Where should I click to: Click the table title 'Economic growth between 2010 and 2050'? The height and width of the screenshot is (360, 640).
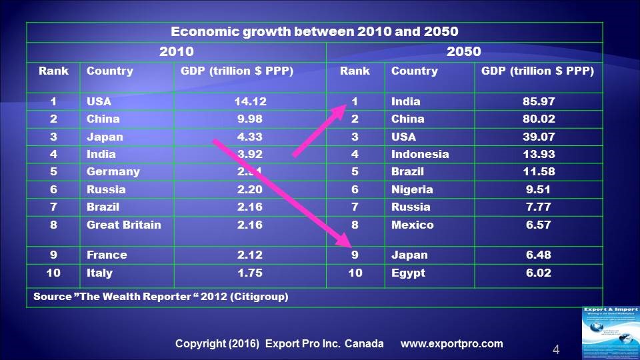(x=315, y=32)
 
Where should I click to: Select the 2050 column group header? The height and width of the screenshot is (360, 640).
(x=464, y=52)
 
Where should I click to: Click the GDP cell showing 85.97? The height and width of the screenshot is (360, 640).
(x=539, y=102)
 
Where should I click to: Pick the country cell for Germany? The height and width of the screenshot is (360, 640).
(x=113, y=172)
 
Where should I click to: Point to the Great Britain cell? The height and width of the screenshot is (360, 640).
(x=124, y=225)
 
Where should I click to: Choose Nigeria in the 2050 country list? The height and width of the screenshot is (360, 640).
(x=412, y=189)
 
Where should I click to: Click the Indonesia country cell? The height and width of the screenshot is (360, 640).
(x=420, y=154)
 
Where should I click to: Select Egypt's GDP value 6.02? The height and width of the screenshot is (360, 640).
(x=539, y=273)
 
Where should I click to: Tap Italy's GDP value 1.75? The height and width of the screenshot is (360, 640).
(x=250, y=273)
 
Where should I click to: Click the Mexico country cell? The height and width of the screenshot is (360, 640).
(x=412, y=225)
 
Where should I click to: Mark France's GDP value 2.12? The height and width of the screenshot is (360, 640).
(x=250, y=255)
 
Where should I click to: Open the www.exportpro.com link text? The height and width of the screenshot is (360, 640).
(x=451, y=344)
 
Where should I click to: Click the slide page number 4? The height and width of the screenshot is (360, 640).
(x=555, y=349)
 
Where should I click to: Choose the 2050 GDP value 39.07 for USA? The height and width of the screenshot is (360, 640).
(x=539, y=137)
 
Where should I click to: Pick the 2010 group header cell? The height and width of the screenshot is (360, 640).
(x=176, y=52)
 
